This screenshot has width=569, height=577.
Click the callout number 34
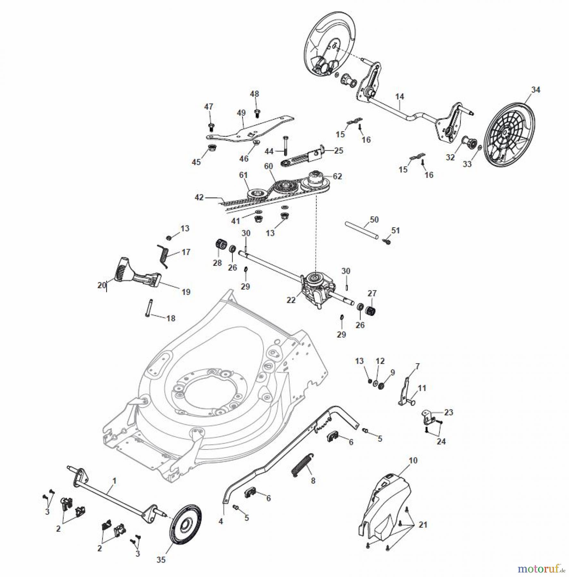(536, 90)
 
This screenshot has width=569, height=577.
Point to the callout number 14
(400, 96)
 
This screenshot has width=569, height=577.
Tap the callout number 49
(241, 113)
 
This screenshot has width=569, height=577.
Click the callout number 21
(423, 525)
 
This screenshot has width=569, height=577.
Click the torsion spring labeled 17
(164, 255)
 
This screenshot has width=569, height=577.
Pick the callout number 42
(199, 197)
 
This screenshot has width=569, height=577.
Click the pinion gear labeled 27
(371, 310)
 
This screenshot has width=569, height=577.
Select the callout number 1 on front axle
(115, 481)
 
